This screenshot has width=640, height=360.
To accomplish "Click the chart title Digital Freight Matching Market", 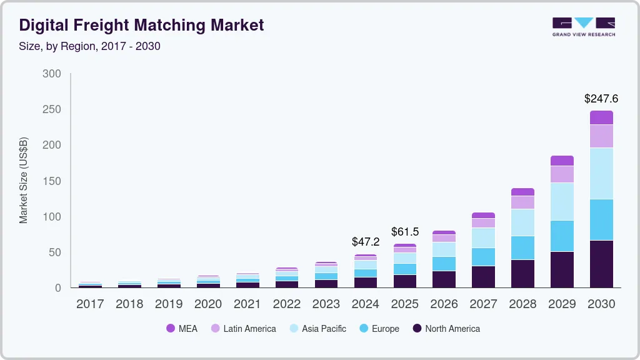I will click(141, 26).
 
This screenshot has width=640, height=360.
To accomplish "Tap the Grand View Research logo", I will click(583, 27).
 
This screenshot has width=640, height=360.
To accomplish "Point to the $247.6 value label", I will click(601, 99).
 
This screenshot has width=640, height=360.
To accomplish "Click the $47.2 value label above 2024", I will click(366, 241).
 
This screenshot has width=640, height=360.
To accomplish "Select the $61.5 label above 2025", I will click(405, 232).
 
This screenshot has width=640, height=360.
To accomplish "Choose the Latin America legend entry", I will click(243, 328).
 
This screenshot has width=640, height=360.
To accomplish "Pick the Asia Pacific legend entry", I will click(317, 328).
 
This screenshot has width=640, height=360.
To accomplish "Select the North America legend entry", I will click(446, 328).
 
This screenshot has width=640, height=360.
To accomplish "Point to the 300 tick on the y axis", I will click(52, 74).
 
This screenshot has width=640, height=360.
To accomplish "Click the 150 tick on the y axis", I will click(52, 181).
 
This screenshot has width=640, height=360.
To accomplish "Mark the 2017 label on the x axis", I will click(90, 304).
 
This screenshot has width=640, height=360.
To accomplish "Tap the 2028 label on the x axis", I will click(522, 304).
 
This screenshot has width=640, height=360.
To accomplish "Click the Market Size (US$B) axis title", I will click(24, 180).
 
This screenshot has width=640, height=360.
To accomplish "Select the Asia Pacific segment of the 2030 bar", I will click(601, 173).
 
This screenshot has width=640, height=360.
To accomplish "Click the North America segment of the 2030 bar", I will click(601, 264).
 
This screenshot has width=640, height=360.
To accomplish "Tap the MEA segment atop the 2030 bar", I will click(601, 117).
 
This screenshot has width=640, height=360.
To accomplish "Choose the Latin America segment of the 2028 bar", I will click(522, 202).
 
